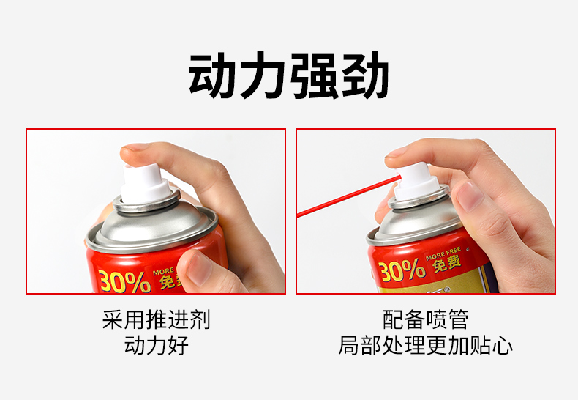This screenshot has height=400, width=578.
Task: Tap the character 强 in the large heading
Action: (x=314, y=76)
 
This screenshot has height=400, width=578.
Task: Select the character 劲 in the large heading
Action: (x=364, y=75)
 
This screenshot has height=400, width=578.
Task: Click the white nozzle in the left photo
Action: (x=146, y=184)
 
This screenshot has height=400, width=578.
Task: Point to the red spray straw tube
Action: (x=348, y=196)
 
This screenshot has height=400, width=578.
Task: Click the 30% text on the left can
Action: (x=124, y=281)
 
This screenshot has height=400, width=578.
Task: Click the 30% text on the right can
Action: (x=402, y=270)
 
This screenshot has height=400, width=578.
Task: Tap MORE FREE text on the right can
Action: (x=443, y=253)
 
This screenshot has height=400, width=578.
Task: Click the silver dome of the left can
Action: (x=152, y=224)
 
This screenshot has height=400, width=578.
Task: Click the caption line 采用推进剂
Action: (x=157, y=319)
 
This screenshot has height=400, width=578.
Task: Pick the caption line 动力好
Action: (x=157, y=345)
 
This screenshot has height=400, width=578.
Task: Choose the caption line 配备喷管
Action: (x=425, y=319)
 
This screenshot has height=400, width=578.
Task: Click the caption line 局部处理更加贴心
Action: (x=425, y=345)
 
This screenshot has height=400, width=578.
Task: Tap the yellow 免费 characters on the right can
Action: (x=447, y=264)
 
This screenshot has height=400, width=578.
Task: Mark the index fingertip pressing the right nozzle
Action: (x=398, y=152)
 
